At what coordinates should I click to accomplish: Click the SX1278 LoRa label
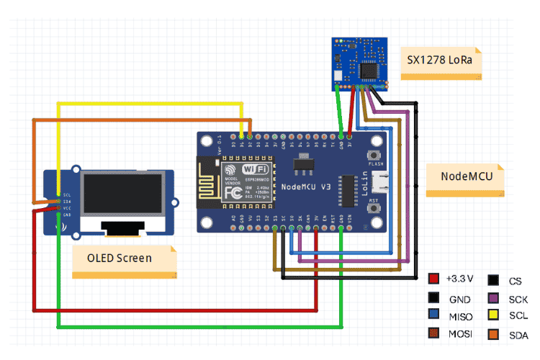click(440, 58)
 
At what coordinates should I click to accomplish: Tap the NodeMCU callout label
click(461, 174)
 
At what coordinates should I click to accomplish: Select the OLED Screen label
click(120, 257)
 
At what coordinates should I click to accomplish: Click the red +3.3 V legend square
click(433, 279)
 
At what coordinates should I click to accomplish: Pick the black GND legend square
click(433, 297)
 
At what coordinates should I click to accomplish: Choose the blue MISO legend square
click(433, 315)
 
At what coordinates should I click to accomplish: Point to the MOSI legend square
click(433, 333)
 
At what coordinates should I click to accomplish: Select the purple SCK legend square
click(494, 297)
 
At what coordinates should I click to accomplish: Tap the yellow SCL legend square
click(494, 315)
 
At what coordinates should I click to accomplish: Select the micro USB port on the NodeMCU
click(387, 182)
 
